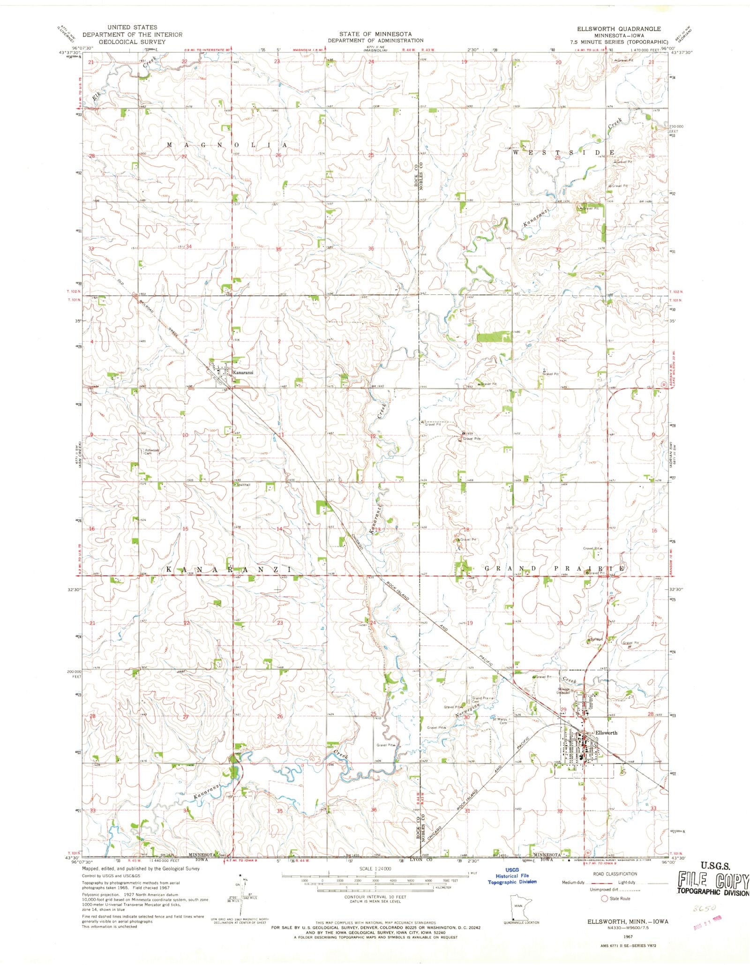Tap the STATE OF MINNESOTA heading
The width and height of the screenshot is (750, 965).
click(x=375, y=34)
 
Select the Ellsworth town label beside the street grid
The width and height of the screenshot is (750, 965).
click(x=606, y=733)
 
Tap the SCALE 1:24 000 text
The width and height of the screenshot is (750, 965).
click(x=375, y=868)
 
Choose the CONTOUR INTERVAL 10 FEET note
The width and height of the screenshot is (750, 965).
click(x=375, y=897)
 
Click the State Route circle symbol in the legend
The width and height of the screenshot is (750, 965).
click(x=605, y=898)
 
